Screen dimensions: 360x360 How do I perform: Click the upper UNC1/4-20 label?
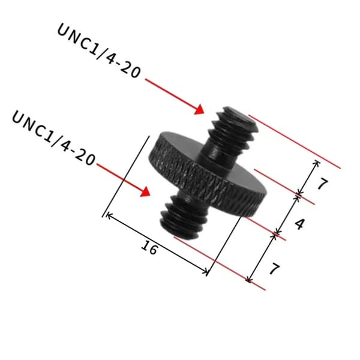pos(99,51)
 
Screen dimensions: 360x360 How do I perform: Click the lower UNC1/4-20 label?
pos(53,139)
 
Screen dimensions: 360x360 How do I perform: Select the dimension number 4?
pos(300,224)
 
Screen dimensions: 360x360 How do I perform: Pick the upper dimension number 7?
pos(323,184)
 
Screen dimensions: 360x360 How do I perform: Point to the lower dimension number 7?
pos(274,268)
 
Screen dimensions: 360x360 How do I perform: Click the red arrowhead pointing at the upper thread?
pos(199,110)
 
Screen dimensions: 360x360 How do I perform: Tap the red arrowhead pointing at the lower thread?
pos(146,192)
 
